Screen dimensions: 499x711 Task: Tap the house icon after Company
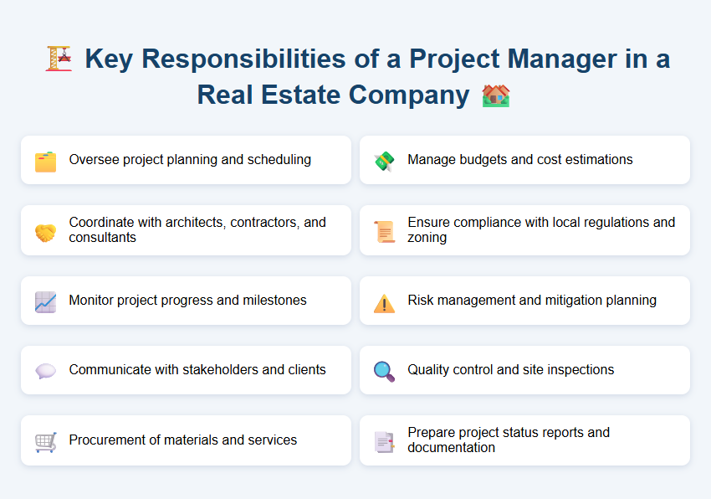tap(496, 95)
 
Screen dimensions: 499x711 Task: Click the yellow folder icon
tap(45, 162)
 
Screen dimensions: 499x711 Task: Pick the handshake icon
tap(45, 232)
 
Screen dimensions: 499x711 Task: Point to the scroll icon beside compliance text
tap(384, 232)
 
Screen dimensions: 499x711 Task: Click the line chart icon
tap(45, 302)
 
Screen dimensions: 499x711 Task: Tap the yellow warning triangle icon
tap(384, 303)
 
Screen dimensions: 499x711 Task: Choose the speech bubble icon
tap(45, 372)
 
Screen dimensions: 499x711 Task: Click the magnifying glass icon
tap(384, 372)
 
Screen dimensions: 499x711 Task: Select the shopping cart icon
tap(45, 442)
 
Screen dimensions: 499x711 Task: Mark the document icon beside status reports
tap(384, 442)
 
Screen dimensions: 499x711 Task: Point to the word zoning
tap(427, 238)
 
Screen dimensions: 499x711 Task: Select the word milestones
tap(273, 300)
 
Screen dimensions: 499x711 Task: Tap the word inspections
tap(578, 369)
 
